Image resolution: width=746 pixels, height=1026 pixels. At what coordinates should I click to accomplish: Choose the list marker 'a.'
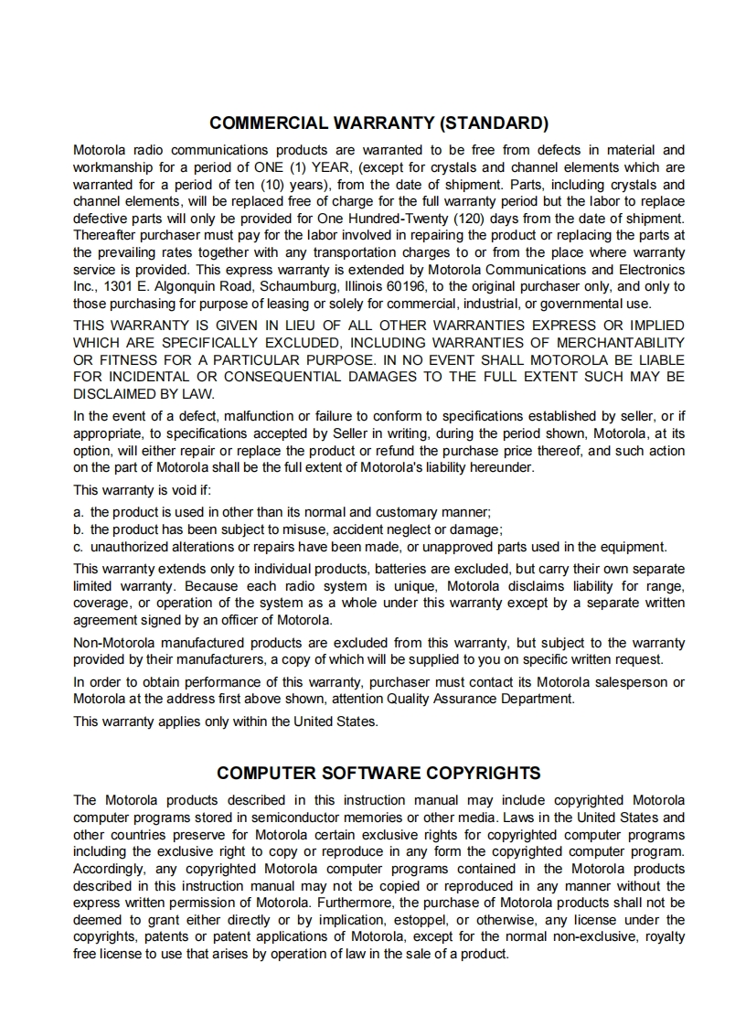tap(79, 512)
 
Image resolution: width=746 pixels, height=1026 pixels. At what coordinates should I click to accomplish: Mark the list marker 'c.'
tap(79, 547)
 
